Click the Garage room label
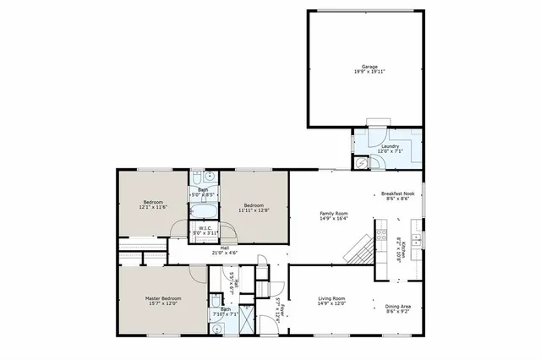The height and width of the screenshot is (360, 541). click(x=369, y=66)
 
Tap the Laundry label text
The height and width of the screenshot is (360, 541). click(x=390, y=147)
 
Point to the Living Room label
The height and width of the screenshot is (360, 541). click(x=331, y=298)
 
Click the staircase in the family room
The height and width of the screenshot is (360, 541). click(x=359, y=250)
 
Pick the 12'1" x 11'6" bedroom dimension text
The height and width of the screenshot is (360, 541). click(x=153, y=208)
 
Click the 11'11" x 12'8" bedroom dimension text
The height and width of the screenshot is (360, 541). click(x=254, y=210)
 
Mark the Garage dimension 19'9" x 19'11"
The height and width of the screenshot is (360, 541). click(x=369, y=71)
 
